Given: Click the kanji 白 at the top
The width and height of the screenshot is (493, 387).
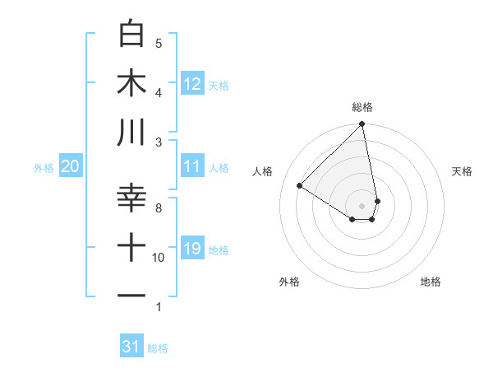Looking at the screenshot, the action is [132, 34].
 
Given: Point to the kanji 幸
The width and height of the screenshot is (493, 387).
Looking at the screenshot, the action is [132, 198].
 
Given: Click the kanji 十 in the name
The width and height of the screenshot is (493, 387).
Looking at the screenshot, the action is [132, 248].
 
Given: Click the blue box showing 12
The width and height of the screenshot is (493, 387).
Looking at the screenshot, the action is [192, 83].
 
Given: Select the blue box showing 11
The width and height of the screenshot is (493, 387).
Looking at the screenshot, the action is [192, 166].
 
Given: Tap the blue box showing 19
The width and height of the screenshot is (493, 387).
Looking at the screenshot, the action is [192, 249].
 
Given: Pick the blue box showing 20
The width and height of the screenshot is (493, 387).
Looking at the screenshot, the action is [70, 166].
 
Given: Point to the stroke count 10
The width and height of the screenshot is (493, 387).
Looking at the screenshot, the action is [159, 258].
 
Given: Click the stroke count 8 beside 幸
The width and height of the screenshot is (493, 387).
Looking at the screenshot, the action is [159, 208].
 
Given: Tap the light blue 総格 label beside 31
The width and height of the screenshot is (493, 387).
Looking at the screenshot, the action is [158, 348].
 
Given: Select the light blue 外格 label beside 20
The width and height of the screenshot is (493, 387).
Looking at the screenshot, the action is [44, 168].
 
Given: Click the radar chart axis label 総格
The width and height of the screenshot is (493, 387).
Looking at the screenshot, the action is [362, 107].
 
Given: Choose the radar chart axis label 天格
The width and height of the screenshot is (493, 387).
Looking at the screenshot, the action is [463, 171].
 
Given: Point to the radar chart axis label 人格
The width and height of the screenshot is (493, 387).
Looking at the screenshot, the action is [263, 171].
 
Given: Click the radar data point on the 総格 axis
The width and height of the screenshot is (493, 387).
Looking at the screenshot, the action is [362, 125].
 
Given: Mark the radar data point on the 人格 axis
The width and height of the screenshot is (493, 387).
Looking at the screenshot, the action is [300, 185].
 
